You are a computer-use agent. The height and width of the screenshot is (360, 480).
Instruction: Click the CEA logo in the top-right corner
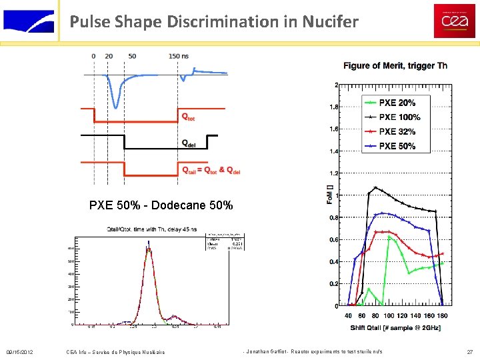(x=455, y=21)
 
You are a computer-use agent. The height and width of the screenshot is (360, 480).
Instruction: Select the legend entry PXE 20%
(x=397, y=103)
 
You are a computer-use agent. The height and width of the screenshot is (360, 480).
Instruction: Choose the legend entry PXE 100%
(x=399, y=117)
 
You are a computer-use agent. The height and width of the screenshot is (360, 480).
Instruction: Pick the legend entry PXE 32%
(x=397, y=131)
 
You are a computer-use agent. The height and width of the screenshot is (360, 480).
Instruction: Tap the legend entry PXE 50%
(x=397, y=146)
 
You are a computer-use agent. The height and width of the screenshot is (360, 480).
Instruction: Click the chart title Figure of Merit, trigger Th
(x=395, y=65)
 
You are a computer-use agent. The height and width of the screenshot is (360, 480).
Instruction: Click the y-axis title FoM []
(x=329, y=195)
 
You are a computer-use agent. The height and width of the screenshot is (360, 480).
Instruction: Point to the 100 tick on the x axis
(x=389, y=316)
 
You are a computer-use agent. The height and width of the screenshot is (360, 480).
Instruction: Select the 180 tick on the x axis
(x=443, y=316)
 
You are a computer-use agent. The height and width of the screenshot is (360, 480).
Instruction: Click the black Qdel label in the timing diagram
(x=189, y=143)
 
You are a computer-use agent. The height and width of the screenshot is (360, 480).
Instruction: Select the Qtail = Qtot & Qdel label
(x=211, y=171)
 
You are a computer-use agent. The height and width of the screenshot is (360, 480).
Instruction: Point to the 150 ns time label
(x=178, y=56)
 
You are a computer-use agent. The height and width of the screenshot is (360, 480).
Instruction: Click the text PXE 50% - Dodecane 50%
(x=161, y=205)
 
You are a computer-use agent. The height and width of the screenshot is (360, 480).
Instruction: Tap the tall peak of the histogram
(x=149, y=249)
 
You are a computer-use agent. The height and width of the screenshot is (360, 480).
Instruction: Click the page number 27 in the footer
(x=469, y=351)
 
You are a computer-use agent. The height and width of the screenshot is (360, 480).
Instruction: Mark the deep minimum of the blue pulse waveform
(x=117, y=106)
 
